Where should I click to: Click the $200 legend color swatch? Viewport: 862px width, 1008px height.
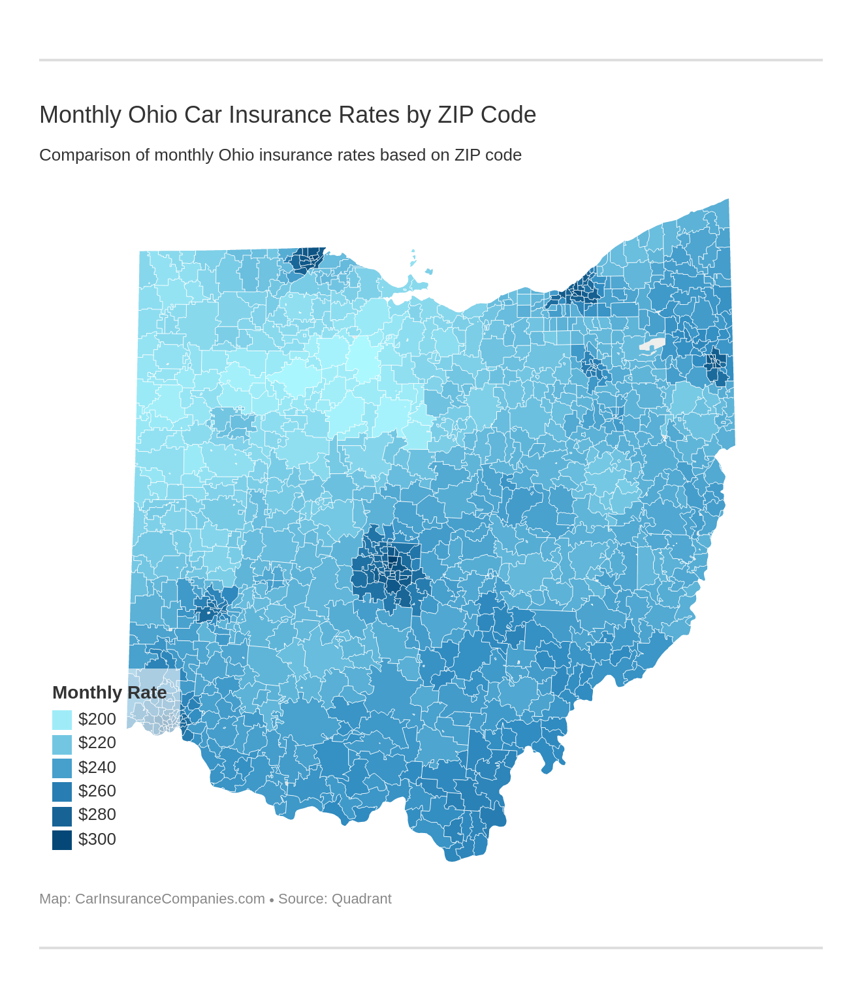pos(62,719)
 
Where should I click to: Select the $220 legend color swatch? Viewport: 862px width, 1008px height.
pos(62,744)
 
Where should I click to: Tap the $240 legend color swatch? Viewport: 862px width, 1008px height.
pos(62,768)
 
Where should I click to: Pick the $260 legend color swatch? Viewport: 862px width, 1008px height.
pos(62,791)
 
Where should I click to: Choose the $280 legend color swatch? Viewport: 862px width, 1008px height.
pos(62,815)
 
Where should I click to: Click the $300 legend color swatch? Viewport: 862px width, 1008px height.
pos(62,840)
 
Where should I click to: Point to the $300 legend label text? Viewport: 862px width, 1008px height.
pos(97,839)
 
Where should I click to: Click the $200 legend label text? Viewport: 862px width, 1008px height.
pos(97,719)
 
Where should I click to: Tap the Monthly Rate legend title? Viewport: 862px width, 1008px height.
pos(109,692)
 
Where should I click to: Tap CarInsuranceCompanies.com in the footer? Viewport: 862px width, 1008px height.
pos(170,899)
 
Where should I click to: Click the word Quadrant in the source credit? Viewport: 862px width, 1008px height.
pos(361,899)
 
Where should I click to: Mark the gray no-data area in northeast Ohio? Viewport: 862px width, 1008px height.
pos(652,345)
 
